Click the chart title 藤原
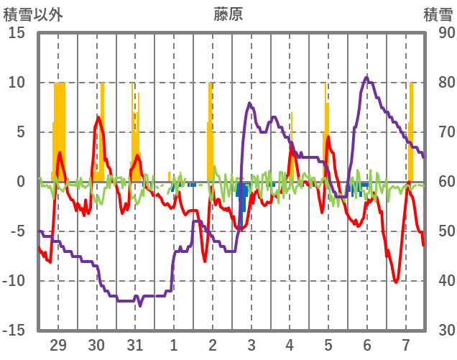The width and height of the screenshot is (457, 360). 228,14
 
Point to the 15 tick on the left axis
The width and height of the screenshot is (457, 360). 17,33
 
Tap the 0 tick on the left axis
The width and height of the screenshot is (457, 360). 21,182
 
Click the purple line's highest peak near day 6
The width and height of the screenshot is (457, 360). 366,78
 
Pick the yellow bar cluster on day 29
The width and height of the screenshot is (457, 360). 59,129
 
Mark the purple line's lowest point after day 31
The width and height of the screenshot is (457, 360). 140,305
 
